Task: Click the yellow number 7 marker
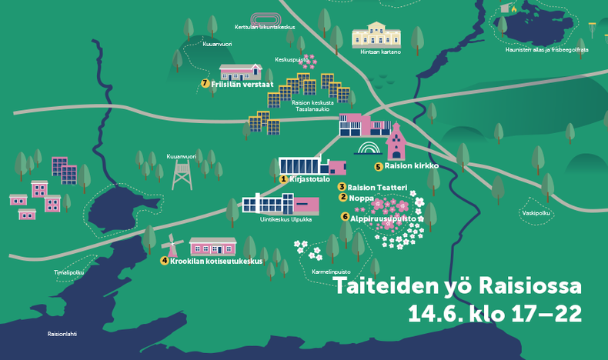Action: pyautogui.click(x=205, y=83)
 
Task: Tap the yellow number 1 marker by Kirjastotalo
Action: pyautogui.click(x=283, y=179)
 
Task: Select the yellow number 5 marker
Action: pyautogui.click(x=378, y=166)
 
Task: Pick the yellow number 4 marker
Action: pyautogui.click(x=164, y=261)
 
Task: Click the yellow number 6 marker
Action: pyautogui.click(x=344, y=218)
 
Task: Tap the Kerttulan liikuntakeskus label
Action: pyautogui.click(x=266, y=27)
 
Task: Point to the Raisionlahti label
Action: pyautogui.click(x=62, y=334)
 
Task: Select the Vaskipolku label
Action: pyautogui.click(x=535, y=212)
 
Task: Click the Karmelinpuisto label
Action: pyautogui.click(x=331, y=272)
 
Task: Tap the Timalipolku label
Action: pyautogui.click(x=68, y=272)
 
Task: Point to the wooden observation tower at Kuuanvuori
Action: pyautogui.click(x=182, y=175)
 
